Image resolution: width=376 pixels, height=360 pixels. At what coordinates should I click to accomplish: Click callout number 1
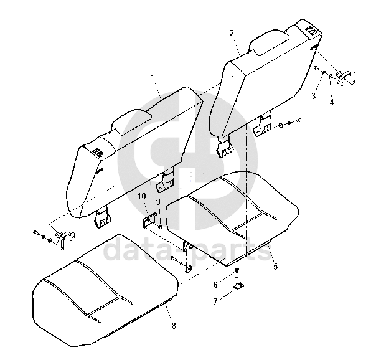point(153,77)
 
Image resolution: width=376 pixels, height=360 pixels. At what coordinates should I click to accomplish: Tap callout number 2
point(232,33)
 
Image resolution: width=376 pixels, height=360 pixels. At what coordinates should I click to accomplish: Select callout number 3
point(314,96)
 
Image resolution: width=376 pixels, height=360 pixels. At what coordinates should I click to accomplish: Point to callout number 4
point(332,102)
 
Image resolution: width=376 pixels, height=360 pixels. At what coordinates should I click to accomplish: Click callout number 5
point(276,266)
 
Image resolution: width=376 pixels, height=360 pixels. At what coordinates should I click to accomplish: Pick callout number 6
point(215,285)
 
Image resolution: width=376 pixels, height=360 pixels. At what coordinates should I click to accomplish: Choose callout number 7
point(215,301)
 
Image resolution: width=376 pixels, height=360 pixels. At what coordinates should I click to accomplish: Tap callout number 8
point(174,326)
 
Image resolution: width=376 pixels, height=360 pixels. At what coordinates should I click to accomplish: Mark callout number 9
point(158,202)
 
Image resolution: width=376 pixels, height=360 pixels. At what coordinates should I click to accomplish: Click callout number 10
point(142,196)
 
